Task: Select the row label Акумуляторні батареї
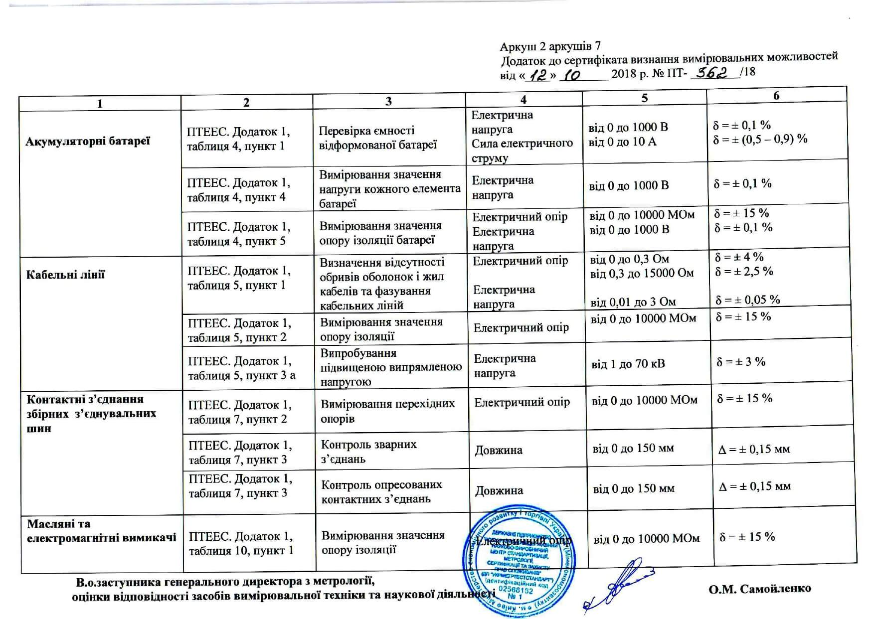[x=88, y=141]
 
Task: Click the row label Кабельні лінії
[x=65, y=275]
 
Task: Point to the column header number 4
[x=524, y=100]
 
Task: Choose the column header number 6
[x=776, y=96]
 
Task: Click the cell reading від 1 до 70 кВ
[x=628, y=364]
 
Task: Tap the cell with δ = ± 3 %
[x=740, y=362]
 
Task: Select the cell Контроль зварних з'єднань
[x=369, y=452]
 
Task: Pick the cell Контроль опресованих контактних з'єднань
[x=381, y=491]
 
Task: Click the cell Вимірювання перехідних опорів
[x=387, y=411]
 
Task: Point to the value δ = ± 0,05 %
[x=747, y=300]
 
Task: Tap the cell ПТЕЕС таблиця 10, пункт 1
[x=241, y=543]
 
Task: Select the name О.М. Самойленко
[x=760, y=589]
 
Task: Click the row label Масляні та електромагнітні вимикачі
[x=101, y=531]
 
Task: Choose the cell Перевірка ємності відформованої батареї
[x=378, y=138]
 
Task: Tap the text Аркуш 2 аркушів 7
[x=550, y=47]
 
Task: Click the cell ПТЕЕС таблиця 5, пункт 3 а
[x=242, y=368]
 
